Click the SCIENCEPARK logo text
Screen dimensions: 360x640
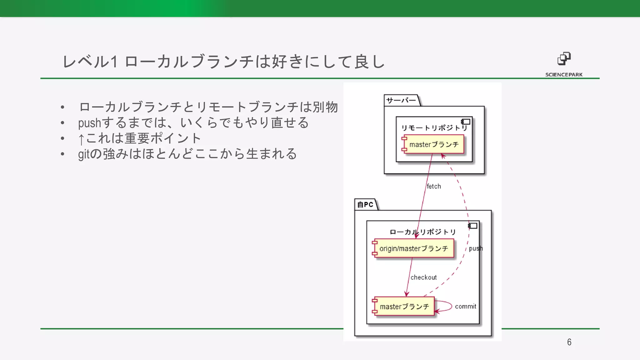pos(564,75)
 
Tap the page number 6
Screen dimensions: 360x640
pos(569,342)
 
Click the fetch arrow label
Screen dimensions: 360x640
pos(434,187)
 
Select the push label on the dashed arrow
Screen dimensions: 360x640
pos(476,248)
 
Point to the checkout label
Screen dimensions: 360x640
pos(423,277)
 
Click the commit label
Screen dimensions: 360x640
pos(465,307)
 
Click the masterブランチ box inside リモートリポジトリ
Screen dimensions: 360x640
pos(433,144)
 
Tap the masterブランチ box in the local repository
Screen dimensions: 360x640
pos(404,307)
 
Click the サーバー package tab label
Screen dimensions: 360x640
pos(401,100)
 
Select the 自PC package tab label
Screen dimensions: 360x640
pos(365,205)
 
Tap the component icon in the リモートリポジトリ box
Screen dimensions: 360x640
pos(466,122)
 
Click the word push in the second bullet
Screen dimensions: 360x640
pos(90,123)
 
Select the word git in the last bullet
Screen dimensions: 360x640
pos(84,154)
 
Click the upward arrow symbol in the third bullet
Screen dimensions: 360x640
pos(81,139)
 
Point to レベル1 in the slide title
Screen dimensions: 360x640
pos(90,61)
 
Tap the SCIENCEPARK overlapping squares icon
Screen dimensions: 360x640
pos(564,59)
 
